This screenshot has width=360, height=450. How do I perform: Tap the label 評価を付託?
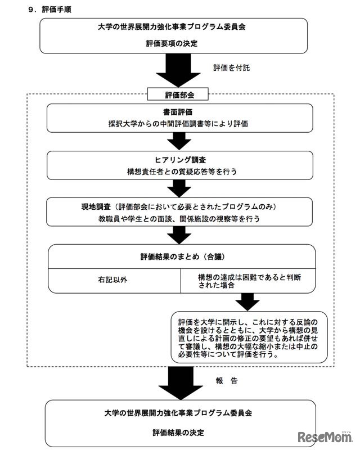[231, 67]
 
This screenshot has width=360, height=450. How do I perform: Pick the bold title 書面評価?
[179, 112]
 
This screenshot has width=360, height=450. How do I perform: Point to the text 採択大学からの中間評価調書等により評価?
[179, 123]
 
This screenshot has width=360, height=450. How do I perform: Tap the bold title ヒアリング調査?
[179, 160]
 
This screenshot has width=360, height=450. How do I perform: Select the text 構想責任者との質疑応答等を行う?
[179, 170]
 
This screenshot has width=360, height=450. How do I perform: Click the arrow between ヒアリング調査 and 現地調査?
[179, 187]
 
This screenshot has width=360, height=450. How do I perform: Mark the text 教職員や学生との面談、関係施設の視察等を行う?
[179, 218]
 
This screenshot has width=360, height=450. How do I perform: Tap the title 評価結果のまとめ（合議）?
[179, 256]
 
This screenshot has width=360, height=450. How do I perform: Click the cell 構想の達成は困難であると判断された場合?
[250, 281]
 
